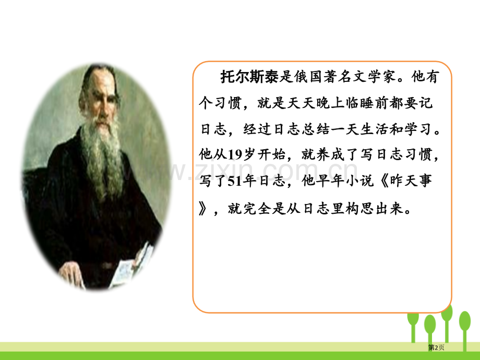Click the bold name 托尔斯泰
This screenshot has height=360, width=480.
[249, 77]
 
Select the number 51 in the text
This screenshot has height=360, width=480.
[235, 181]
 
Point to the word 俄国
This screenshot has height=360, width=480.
[308, 77]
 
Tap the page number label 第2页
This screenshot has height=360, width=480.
[436, 347]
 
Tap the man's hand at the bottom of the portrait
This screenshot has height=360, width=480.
[72, 274]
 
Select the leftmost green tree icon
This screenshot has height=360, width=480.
[413, 326]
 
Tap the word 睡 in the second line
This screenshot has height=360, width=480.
[367, 103]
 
